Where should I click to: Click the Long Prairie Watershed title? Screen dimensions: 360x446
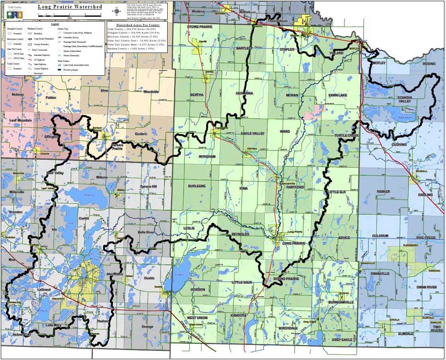(x=70, y=7)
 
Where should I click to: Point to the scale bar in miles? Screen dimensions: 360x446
(x=70, y=15)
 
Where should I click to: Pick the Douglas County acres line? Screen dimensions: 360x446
(x=133, y=32)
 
